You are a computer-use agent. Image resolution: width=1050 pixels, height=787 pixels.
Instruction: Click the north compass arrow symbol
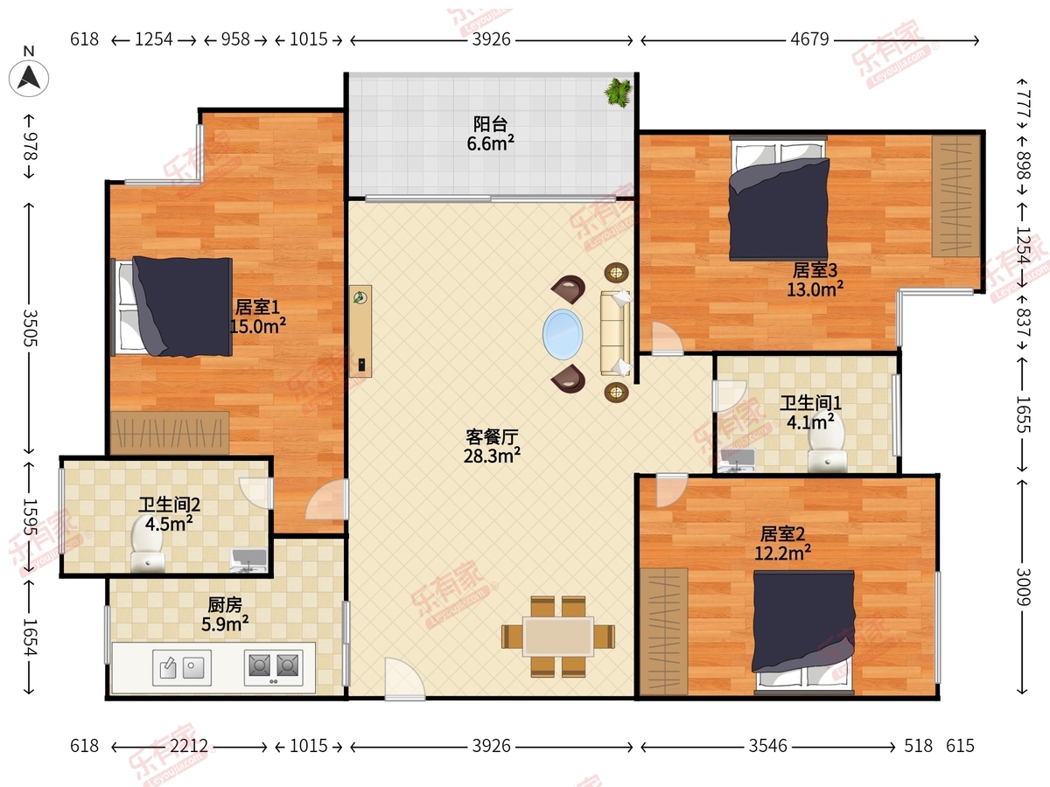point(29,79)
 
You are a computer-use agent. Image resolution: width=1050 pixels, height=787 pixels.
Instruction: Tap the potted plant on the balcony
point(619,92)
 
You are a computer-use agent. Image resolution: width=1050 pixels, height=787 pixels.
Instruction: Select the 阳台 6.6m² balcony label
point(490,134)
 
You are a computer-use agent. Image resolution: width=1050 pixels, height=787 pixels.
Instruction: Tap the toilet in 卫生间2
point(148,544)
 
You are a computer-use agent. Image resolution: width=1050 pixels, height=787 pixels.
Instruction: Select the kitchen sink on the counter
point(182,667)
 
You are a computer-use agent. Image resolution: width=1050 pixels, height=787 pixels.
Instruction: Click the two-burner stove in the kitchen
point(274,667)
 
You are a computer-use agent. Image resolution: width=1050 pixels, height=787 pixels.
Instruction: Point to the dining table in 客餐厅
point(558,637)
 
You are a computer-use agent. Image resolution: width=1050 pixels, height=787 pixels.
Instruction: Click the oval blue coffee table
point(563,334)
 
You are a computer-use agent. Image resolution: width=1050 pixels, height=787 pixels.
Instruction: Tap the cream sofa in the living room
point(616,333)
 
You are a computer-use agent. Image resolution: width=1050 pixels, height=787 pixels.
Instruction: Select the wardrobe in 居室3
point(955,196)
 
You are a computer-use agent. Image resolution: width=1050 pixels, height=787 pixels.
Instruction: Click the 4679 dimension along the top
point(809,39)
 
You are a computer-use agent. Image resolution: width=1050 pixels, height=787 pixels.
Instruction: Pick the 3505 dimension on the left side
point(31,328)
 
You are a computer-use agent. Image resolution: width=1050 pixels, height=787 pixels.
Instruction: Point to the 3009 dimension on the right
point(1023,587)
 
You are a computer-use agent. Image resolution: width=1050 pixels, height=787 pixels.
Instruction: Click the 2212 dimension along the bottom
point(189,746)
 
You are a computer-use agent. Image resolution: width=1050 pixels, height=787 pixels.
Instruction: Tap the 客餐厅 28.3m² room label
point(492,447)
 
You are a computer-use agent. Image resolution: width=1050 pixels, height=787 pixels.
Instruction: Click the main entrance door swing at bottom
point(405,679)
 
